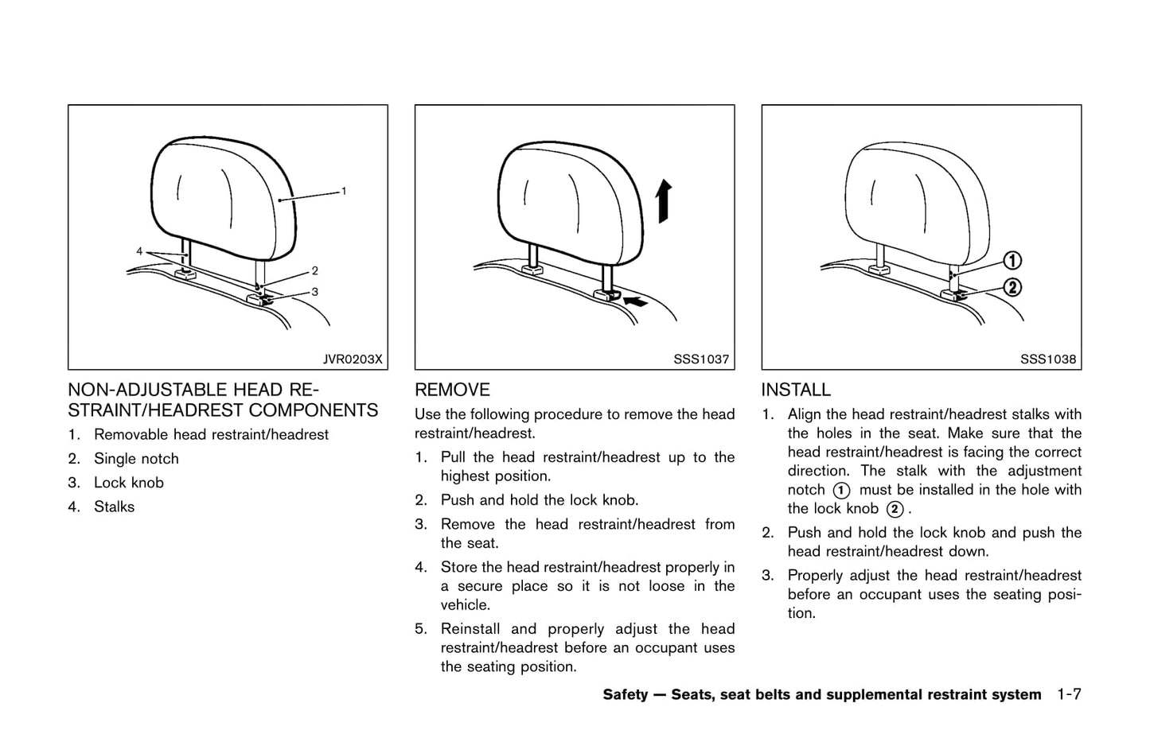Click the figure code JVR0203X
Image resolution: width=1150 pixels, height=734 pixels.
[x=353, y=359]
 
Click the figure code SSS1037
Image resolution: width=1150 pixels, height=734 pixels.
[x=701, y=359]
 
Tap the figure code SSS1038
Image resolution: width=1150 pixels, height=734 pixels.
[x=1048, y=359]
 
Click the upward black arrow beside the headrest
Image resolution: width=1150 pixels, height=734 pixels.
[x=664, y=201]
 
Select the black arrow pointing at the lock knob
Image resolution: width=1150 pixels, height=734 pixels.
[x=636, y=301]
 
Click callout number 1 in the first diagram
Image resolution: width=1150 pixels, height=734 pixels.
[x=344, y=192]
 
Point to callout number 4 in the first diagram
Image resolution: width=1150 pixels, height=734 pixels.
[x=139, y=251]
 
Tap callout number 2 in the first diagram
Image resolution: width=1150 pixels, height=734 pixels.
[x=314, y=271]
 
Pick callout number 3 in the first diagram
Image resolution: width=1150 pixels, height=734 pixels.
[x=314, y=292]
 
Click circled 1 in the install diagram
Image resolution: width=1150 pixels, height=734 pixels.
[x=1012, y=261]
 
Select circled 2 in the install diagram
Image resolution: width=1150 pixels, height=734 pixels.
[x=1012, y=287]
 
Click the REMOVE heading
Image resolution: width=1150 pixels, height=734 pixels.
[x=452, y=390]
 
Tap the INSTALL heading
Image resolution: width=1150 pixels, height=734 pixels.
[x=796, y=390]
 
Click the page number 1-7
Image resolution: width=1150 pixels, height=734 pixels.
[x=1069, y=694]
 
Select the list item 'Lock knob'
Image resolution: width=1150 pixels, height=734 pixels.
[x=129, y=483]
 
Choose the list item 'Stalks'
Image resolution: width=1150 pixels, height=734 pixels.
[x=114, y=507]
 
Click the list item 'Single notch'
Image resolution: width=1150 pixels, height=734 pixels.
[x=136, y=459]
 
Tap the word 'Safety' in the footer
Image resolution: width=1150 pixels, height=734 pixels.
[x=626, y=694]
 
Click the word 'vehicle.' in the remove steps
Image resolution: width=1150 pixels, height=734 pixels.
[x=465, y=604]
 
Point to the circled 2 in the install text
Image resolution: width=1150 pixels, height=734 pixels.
[x=895, y=509]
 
